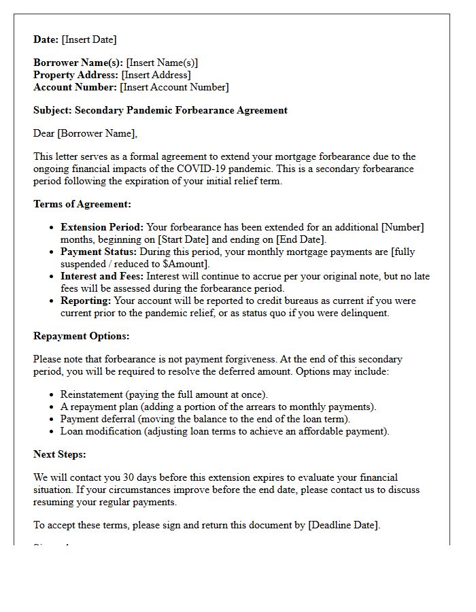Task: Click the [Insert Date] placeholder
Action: tap(89, 39)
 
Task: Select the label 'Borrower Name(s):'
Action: tap(78, 63)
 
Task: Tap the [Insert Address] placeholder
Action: tap(156, 75)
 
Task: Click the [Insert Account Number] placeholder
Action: tap(174, 87)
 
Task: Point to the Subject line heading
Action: tap(160, 110)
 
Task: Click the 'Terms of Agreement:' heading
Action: tap(82, 204)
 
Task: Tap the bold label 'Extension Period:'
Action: tap(102, 227)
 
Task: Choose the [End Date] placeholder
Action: tap(300, 239)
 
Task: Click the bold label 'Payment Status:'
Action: tap(99, 252)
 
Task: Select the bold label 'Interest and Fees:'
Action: tap(102, 276)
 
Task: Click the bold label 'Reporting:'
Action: tap(86, 301)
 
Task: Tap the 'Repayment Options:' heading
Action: tap(81, 336)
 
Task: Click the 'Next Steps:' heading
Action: tap(60, 454)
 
